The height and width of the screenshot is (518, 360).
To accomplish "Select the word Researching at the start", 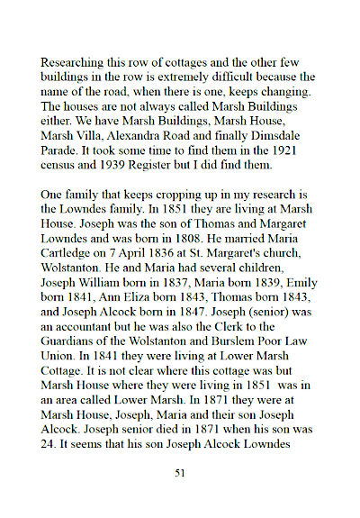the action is point(73,66).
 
